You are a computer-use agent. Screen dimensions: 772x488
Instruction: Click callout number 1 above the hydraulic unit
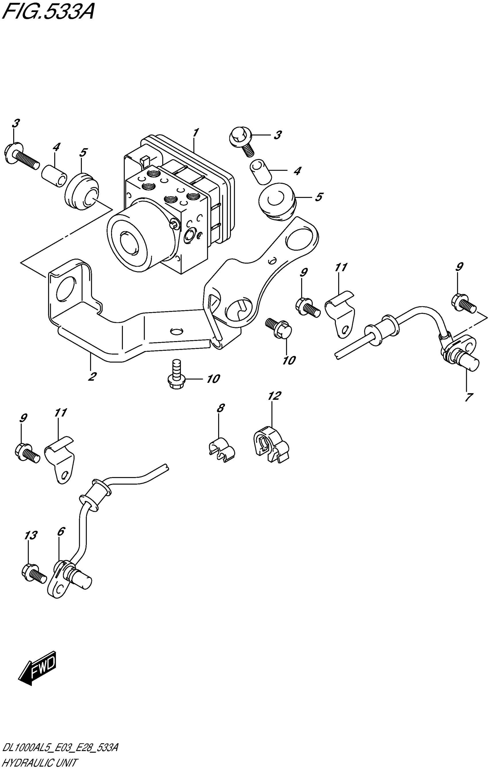click(x=195, y=133)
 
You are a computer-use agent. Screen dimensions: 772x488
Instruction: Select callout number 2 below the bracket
click(x=92, y=376)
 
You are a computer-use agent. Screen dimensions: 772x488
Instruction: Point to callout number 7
click(x=468, y=397)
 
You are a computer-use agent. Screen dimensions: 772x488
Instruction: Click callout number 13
click(x=30, y=535)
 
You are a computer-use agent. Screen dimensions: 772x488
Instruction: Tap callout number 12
click(x=274, y=396)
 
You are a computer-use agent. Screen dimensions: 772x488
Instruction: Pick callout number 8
click(x=220, y=408)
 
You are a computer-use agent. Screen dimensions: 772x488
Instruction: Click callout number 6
click(x=61, y=531)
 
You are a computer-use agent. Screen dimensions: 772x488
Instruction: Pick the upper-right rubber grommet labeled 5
click(x=277, y=201)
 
